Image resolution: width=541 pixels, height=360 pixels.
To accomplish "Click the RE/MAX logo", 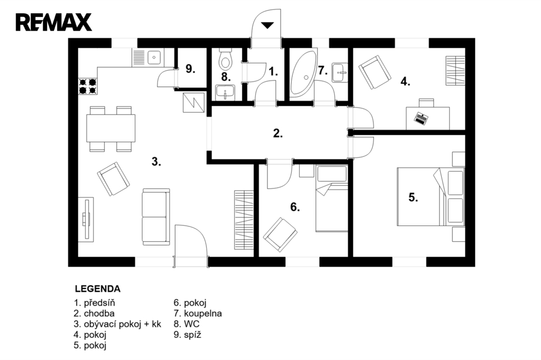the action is click(x=53, y=22).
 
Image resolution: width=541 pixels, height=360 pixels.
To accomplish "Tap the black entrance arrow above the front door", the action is click(x=267, y=25).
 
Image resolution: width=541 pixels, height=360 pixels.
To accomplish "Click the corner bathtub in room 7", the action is click(x=303, y=73).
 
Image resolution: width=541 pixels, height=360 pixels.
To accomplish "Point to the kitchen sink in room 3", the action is click(x=154, y=57).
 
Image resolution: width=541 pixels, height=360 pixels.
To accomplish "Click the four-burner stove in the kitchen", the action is click(x=88, y=86).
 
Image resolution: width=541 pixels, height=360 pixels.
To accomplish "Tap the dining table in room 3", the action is click(x=110, y=128).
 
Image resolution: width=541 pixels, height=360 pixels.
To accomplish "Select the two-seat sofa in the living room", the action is click(x=156, y=216).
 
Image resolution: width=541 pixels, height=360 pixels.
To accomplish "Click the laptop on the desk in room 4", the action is click(x=421, y=118).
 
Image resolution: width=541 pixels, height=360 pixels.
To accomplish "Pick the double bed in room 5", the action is click(x=431, y=196).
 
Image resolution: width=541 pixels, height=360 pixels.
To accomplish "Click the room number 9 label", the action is click(x=190, y=69).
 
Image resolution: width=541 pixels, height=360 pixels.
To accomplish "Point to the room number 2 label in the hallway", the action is click(x=278, y=133).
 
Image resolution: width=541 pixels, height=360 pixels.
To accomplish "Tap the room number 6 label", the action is click(x=295, y=207).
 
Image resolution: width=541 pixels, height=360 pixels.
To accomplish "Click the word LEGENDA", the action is click(x=98, y=289).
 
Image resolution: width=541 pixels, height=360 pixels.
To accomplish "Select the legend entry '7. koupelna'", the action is click(x=198, y=314).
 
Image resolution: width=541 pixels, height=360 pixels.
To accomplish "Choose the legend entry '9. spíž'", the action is click(x=188, y=335).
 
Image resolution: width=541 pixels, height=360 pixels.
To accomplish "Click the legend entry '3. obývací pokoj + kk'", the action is click(x=117, y=324).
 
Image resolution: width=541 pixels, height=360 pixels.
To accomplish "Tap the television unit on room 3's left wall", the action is click(x=86, y=219).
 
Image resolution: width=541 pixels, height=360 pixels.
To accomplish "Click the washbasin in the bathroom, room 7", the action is click(x=340, y=72).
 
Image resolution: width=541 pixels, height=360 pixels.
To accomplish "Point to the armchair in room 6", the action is click(x=280, y=234).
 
